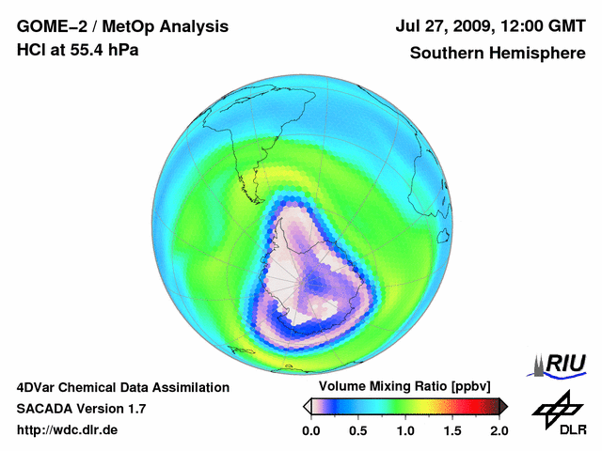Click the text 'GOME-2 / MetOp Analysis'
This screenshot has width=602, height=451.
[121, 26]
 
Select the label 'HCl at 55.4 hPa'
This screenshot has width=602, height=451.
[77, 50]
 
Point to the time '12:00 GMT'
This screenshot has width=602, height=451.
[543, 26]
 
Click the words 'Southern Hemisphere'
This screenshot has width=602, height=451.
[497, 53]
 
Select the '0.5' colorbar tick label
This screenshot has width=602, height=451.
[358, 430]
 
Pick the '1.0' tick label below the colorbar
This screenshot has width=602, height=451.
[405, 430]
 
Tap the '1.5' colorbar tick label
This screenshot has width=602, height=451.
[452, 430]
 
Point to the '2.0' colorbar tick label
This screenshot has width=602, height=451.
[499, 430]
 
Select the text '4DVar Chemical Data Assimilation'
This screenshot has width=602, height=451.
[123, 387]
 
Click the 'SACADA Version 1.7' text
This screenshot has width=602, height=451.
[81, 409]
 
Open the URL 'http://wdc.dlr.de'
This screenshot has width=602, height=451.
[68, 430]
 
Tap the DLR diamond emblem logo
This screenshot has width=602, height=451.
[555, 410]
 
